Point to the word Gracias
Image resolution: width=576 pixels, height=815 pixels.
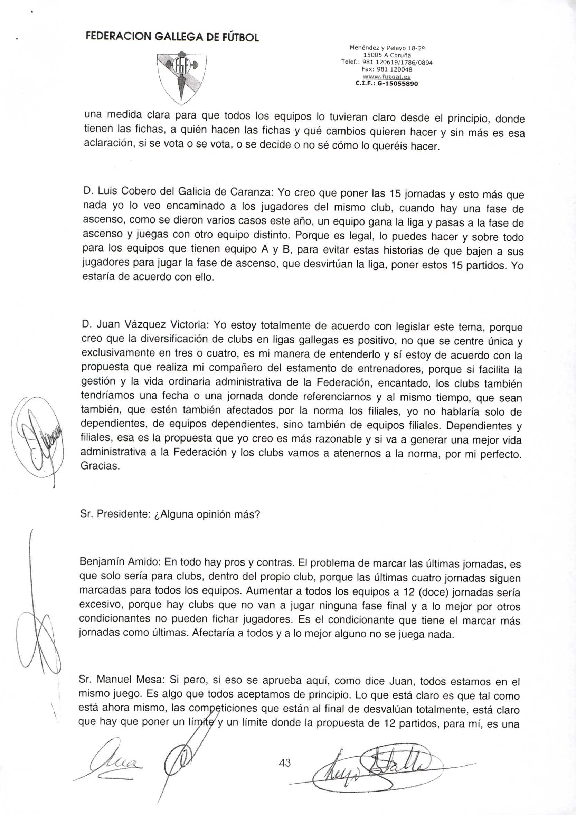pos(100,466)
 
